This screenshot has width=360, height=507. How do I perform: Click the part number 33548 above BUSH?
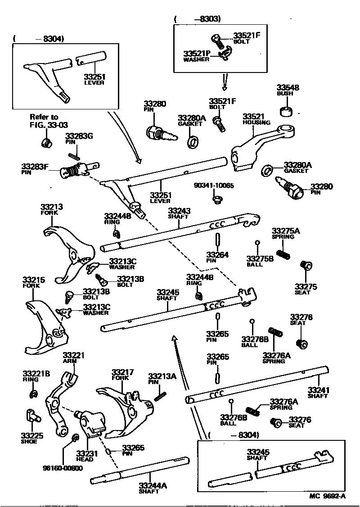(288, 88)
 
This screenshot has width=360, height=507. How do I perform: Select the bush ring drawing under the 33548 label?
(285, 111)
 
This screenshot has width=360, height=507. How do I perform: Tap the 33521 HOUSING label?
(256, 119)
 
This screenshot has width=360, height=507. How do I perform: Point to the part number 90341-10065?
(214, 186)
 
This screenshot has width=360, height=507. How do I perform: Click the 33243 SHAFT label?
(179, 213)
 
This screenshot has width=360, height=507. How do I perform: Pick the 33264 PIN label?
(217, 258)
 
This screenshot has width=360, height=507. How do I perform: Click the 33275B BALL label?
(260, 261)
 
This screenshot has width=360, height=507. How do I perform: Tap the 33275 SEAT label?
(306, 289)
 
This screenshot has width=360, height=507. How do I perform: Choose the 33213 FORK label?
(52, 209)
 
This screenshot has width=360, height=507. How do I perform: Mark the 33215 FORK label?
(34, 282)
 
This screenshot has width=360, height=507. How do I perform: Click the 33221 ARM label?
(74, 358)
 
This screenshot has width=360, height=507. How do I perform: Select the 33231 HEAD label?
(85, 456)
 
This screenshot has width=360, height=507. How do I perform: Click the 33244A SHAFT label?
(153, 488)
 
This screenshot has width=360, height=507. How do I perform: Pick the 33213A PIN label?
(162, 378)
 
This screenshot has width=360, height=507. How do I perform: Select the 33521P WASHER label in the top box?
(197, 56)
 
